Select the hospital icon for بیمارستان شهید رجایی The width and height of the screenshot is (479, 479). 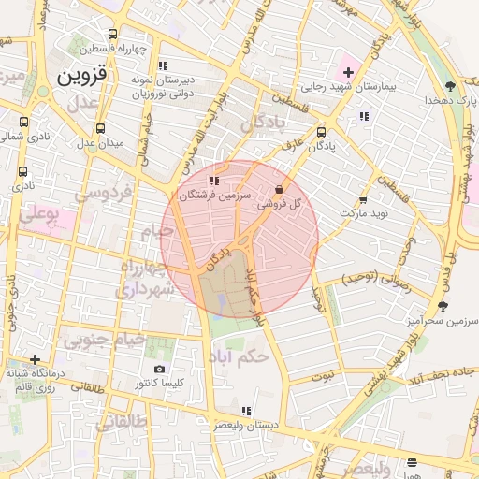348,72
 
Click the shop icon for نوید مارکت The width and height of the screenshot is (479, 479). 362,199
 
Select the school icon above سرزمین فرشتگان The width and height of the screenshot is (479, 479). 214,181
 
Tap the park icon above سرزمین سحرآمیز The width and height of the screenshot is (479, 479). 443,306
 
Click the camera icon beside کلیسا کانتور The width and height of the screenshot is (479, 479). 159,370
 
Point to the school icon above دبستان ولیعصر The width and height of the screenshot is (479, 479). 245,410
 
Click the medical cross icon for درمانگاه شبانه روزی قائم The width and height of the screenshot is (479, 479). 35,359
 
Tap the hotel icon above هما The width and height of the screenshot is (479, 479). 413,461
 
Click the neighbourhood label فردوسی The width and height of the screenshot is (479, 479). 105,193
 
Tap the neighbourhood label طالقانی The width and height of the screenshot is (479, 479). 121,422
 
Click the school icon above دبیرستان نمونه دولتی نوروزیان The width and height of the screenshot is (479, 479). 163,65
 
